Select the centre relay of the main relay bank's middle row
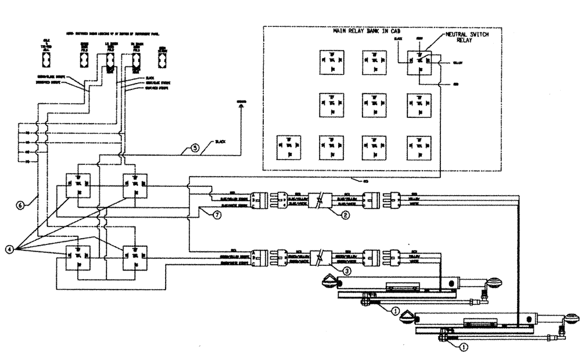[x=374, y=104]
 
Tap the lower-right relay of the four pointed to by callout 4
[x=134, y=256]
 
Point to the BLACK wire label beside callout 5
[x=220, y=142]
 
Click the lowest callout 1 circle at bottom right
[x=464, y=347]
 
